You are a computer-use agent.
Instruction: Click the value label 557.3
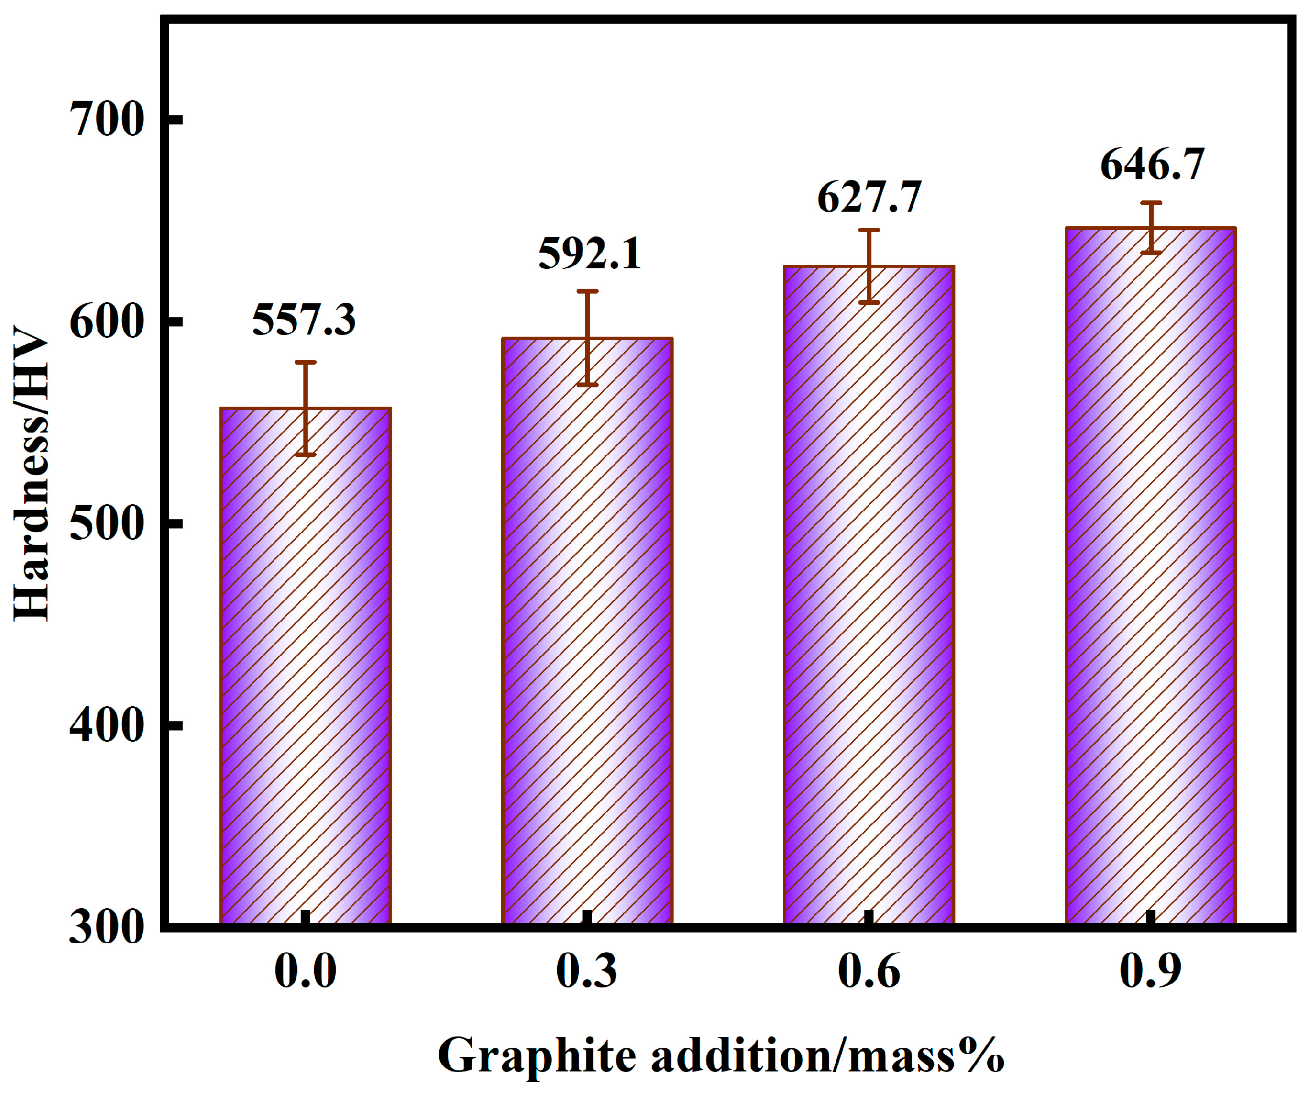(304, 320)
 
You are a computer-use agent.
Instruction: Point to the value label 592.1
(590, 254)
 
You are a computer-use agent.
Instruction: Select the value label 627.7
(869, 198)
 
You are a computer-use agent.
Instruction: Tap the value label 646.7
(1152, 165)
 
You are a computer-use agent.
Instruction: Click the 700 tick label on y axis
(107, 120)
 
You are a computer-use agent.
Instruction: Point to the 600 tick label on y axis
(107, 322)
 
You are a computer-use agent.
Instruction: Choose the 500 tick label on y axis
(107, 524)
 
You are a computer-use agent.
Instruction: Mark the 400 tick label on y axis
(107, 726)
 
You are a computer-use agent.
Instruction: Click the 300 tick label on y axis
(107, 928)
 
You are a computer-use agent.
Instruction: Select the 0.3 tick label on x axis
(586, 971)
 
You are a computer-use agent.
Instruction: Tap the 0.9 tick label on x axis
(1151, 971)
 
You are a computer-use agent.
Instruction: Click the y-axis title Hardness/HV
(31, 474)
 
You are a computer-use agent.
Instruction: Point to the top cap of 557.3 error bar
(306, 362)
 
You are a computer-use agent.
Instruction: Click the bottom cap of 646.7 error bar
(1151, 253)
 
